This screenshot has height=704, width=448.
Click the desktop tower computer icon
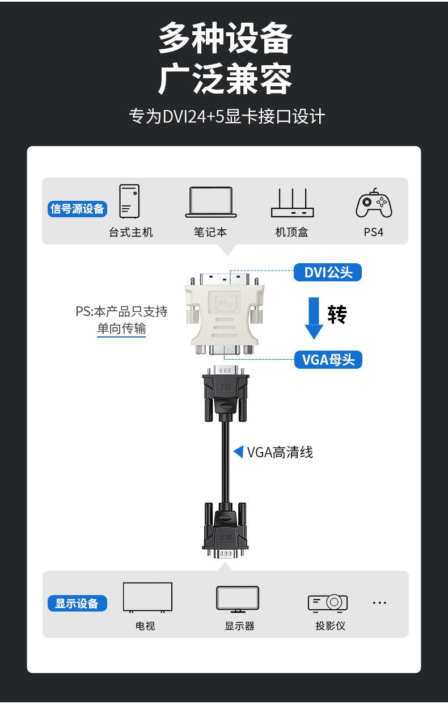(x=129, y=201)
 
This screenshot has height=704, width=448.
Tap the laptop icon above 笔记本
(x=210, y=203)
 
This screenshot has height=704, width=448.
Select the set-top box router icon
(x=292, y=204)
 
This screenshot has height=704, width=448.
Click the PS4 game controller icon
(x=374, y=203)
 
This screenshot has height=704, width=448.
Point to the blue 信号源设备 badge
(x=77, y=209)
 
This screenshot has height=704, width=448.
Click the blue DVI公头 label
(x=328, y=273)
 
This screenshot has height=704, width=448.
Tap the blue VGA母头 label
(x=328, y=360)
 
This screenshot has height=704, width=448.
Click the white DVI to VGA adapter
(x=225, y=315)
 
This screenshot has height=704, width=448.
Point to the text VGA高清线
(x=280, y=452)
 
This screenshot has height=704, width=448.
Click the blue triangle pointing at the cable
(x=238, y=452)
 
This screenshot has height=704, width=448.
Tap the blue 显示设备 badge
(x=77, y=604)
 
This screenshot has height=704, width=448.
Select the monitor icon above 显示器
(x=238, y=599)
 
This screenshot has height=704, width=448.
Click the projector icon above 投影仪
(x=328, y=602)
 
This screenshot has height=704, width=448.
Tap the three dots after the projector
(x=379, y=602)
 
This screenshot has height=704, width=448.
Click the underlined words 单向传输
(x=121, y=328)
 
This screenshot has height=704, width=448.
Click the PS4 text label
(x=374, y=232)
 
